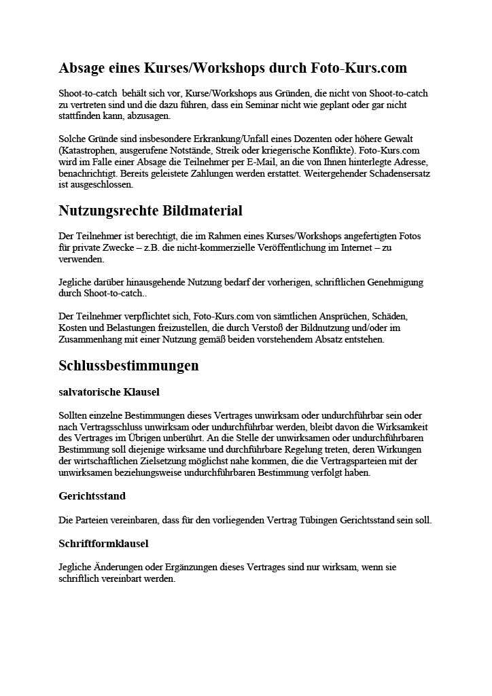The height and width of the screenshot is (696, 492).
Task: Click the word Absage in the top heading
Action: click(x=83, y=68)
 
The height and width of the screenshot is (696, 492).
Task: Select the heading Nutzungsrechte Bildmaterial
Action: click(x=150, y=211)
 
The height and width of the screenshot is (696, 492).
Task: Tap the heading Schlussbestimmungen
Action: click(x=128, y=366)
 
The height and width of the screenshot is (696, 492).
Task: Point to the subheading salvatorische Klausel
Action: click(x=109, y=392)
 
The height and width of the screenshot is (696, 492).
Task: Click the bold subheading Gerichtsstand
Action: click(x=92, y=496)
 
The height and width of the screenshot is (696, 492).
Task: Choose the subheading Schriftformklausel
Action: click(x=103, y=543)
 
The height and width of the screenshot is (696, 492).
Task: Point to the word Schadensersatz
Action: click(x=398, y=175)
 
